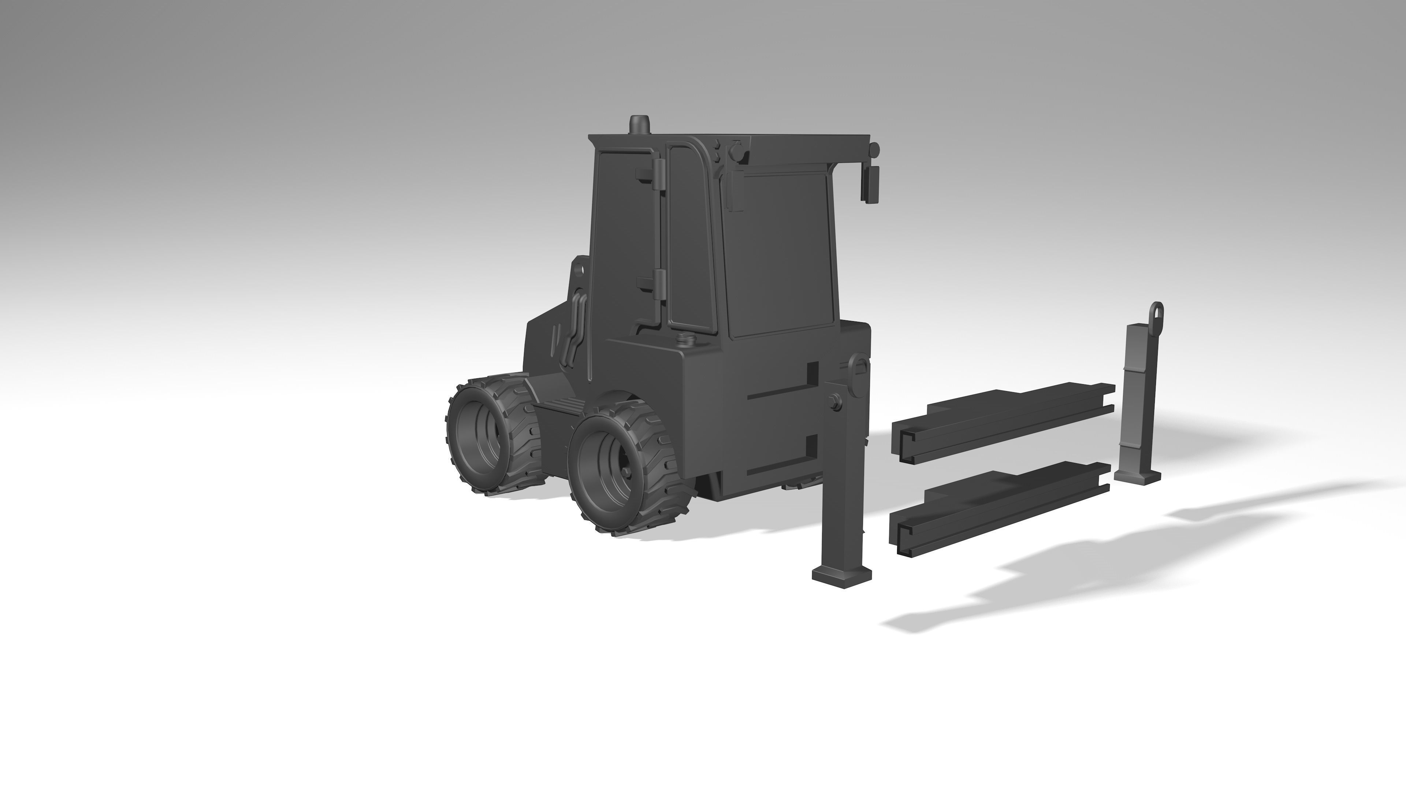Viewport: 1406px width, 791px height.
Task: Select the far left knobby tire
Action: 493,437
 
